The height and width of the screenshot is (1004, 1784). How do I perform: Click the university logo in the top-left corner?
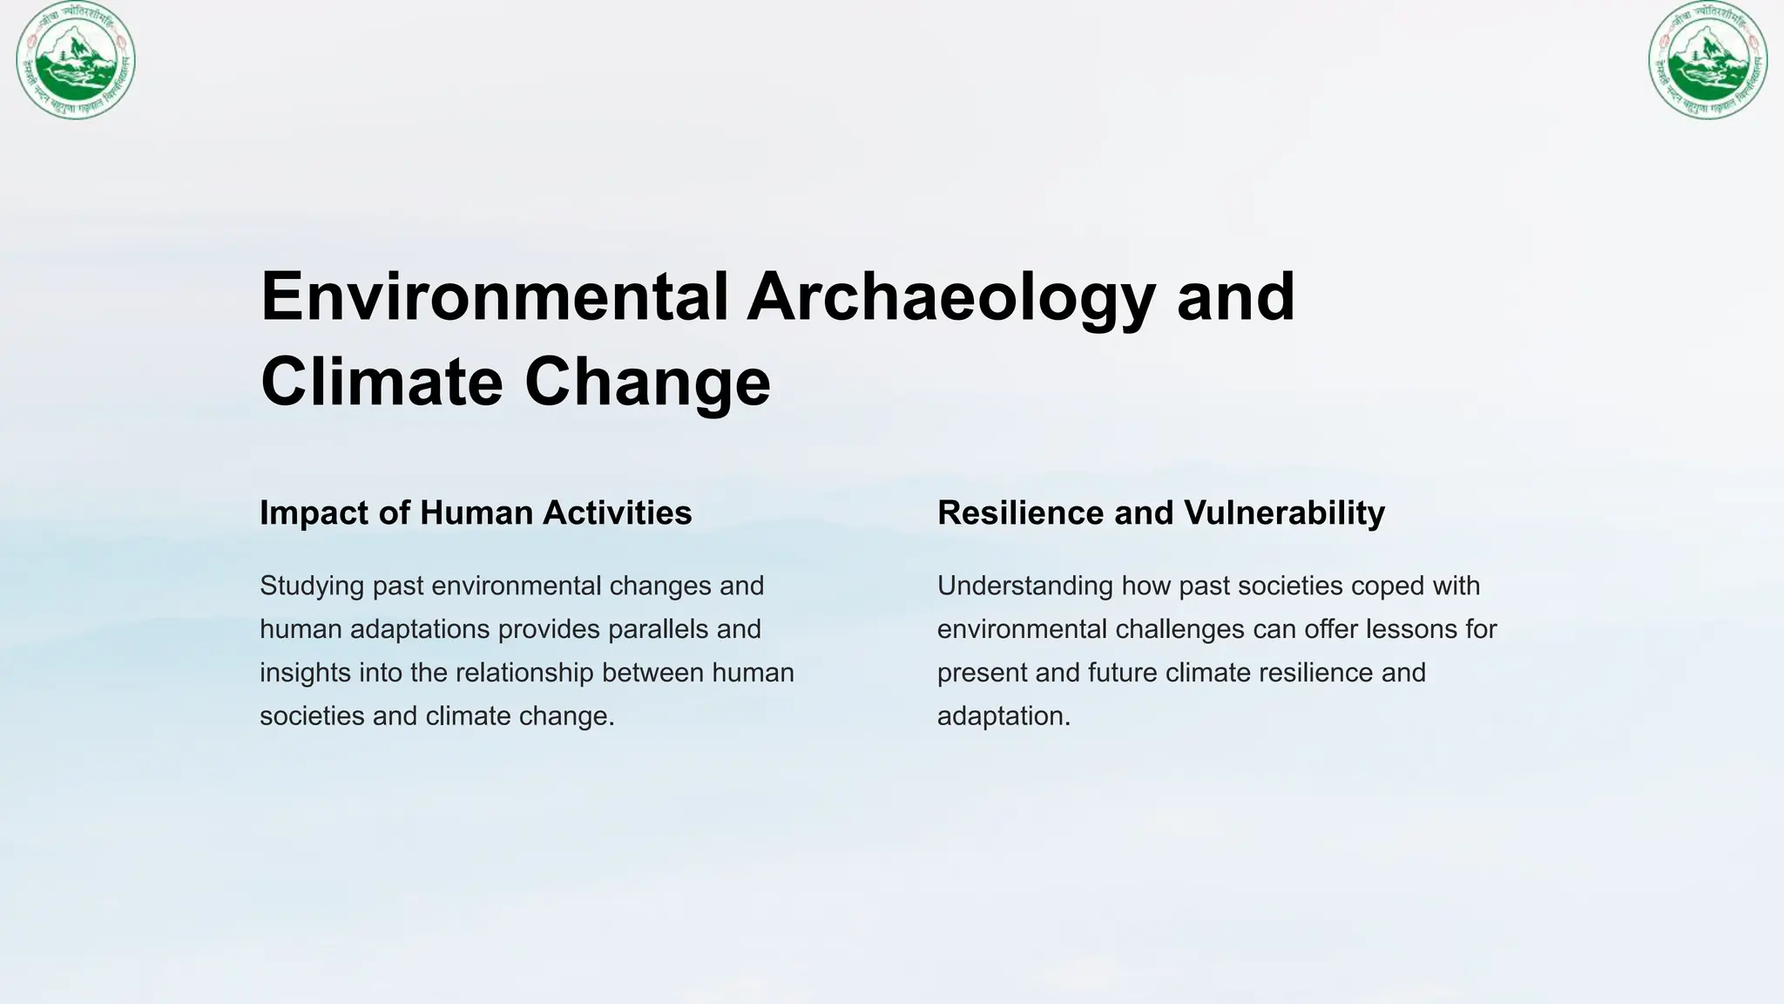pyautogui.click(x=76, y=60)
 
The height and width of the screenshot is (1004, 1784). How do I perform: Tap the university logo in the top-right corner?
pyautogui.click(x=1707, y=60)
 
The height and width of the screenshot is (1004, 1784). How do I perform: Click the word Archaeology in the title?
pyautogui.click(x=951, y=296)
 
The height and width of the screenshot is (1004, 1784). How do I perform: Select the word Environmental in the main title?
pyautogui.click(x=494, y=296)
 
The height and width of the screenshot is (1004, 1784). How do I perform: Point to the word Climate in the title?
pyautogui.click(x=382, y=382)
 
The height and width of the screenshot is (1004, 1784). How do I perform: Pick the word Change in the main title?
pyautogui.click(x=647, y=382)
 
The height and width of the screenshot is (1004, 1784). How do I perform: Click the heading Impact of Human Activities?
pyautogui.click(x=476, y=512)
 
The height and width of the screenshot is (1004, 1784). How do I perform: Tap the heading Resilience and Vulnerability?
pyautogui.click(x=1160, y=512)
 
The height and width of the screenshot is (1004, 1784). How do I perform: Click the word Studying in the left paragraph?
pyautogui.click(x=312, y=586)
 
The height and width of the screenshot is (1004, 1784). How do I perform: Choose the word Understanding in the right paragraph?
pyautogui.click(x=1025, y=586)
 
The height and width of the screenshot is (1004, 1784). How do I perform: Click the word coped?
pyautogui.click(x=1386, y=586)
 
